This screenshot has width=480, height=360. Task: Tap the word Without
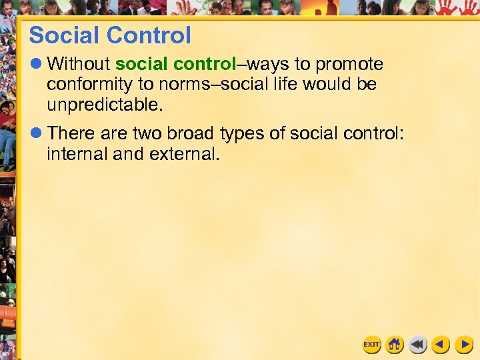[78, 65]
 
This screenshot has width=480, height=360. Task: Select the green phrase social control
[175, 65]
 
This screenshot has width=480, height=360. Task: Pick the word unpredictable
[103, 105]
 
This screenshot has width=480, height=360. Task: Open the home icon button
[395, 344]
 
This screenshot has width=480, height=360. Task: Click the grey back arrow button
[418, 344]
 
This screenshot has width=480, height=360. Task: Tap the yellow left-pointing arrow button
[441, 344]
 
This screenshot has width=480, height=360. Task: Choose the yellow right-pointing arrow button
[463, 344]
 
